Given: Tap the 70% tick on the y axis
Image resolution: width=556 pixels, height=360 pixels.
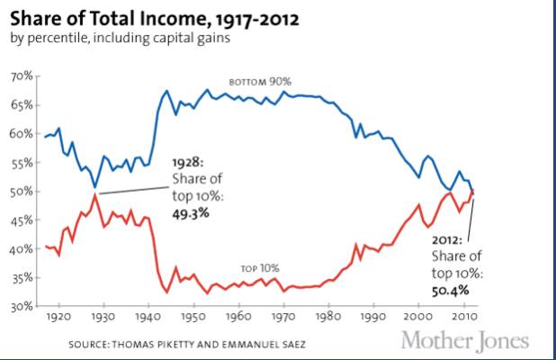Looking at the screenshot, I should [21, 76].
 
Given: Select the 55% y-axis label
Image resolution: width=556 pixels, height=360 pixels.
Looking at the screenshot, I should [21, 163].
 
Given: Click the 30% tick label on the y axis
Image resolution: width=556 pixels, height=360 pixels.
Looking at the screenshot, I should [21, 307].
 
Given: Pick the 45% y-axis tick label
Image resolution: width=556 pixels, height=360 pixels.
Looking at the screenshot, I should [21, 220].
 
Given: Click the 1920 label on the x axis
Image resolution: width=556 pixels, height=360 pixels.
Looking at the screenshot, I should [58, 318].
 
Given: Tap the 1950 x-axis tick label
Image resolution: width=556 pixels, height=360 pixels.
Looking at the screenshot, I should [192, 318].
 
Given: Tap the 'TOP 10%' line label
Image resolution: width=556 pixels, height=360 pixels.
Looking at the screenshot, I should [260, 268].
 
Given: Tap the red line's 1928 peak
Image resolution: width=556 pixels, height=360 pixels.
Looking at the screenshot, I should [94, 194].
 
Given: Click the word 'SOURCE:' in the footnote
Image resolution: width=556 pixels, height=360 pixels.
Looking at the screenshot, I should [93, 345].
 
